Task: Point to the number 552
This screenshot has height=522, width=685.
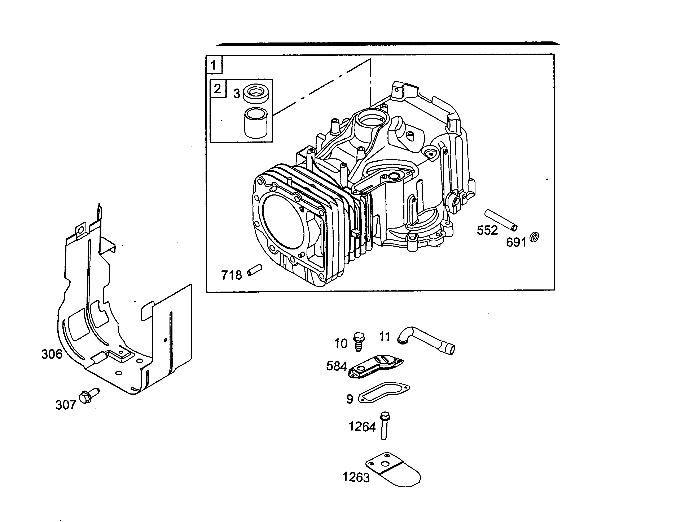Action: [487, 230]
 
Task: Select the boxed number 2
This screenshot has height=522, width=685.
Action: [218, 89]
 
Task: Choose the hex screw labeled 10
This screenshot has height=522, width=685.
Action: [359, 341]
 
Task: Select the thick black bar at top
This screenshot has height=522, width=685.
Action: [387, 44]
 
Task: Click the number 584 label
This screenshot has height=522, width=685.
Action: [336, 366]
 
